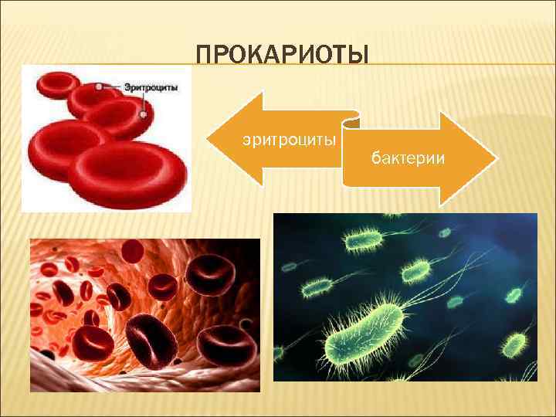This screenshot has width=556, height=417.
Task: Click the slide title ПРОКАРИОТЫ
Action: (283, 56)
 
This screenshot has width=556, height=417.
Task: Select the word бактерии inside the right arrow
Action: (407, 158)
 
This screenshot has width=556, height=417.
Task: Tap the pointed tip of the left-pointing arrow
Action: (208, 139)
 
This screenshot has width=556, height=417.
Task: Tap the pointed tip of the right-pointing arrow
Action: (494, 158)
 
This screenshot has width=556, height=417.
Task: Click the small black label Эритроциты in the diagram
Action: (151, 88)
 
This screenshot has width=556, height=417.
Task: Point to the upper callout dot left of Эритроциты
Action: (98, 87)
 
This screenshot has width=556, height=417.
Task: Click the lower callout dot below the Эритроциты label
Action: (143, 114)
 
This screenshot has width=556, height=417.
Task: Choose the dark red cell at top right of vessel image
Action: (208, 271)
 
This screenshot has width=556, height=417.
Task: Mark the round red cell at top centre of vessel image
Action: (133, 250)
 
